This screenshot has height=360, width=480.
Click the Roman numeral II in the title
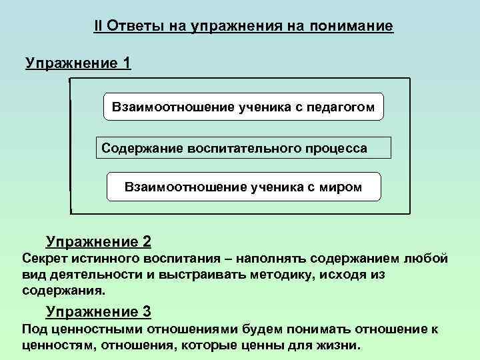pyautogui.click(x=98, y=27)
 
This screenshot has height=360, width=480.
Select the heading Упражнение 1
pyautogui.click(x=78, y=63)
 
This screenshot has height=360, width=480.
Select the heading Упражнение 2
pyautogui.click(x=98, y=241)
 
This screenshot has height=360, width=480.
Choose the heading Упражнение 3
pyautogui.click(x=98, y=311)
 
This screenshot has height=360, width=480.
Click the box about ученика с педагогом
pyautogui.click(x=243, y=107)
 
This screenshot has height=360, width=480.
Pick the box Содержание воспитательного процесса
pyautogui.click(x=244, y=147)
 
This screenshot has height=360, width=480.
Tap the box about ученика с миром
pyautogui.click(x=243, y=187)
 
